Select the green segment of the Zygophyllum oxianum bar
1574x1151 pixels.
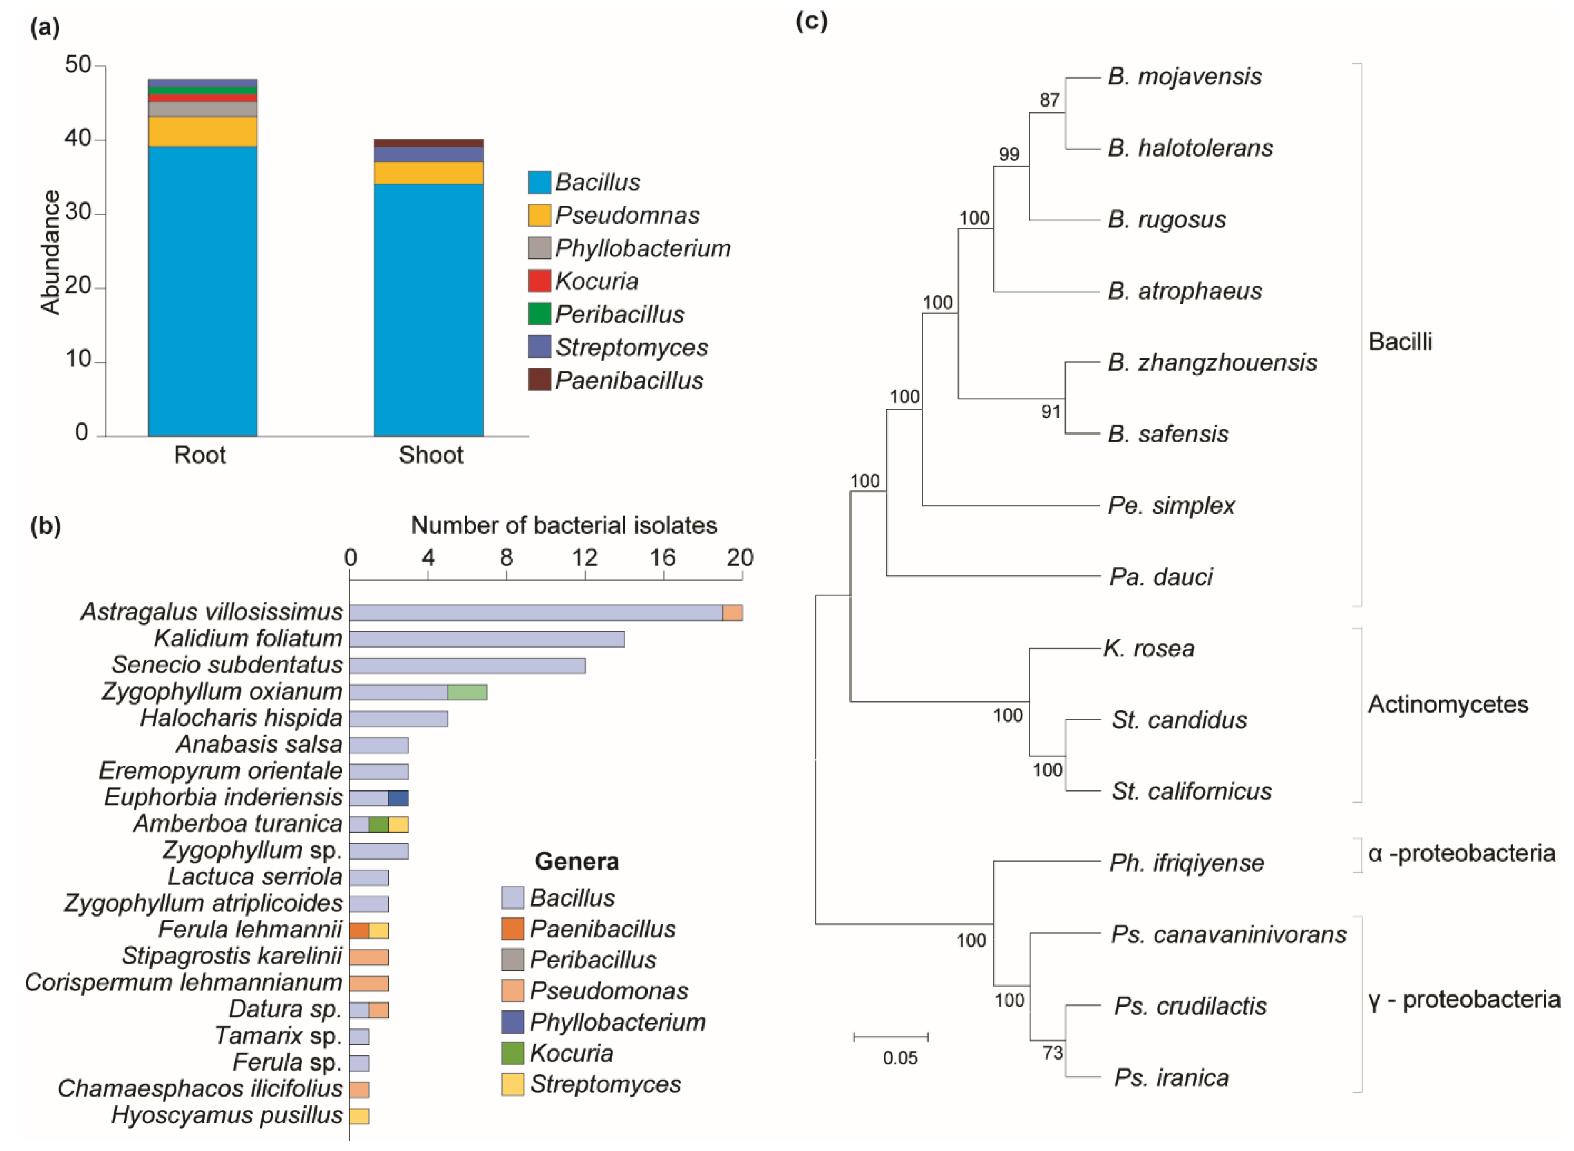tap(467, 692)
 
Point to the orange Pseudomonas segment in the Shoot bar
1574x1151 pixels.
tap(428, 173)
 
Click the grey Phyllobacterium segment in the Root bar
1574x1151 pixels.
tap(203, 109)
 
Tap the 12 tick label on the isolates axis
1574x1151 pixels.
tap(585, 557)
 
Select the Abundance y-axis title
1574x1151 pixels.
tap(51, 252)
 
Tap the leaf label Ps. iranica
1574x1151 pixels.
tap(1171, 1078)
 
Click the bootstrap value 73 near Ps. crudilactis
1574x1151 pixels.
tap(1053, 1053)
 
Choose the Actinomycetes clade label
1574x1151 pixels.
tap(1447, 704)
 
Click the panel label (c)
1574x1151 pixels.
tap(812, 22)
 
